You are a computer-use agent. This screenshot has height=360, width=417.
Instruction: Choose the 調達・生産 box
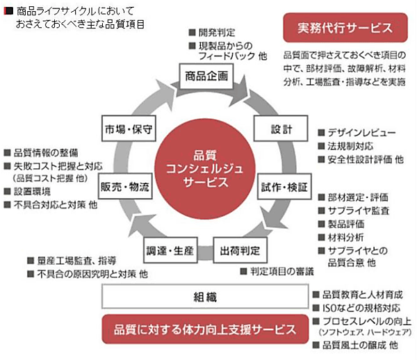pos(170,248)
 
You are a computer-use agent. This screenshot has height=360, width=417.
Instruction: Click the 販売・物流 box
pos(125,188)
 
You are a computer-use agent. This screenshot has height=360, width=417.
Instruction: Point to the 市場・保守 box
pos(129,130)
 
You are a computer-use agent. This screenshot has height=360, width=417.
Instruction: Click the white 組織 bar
pos(205,297)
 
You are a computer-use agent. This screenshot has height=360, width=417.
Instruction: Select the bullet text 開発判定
pos(217,32)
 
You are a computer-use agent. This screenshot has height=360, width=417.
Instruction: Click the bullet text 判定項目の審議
pos(281,270)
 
